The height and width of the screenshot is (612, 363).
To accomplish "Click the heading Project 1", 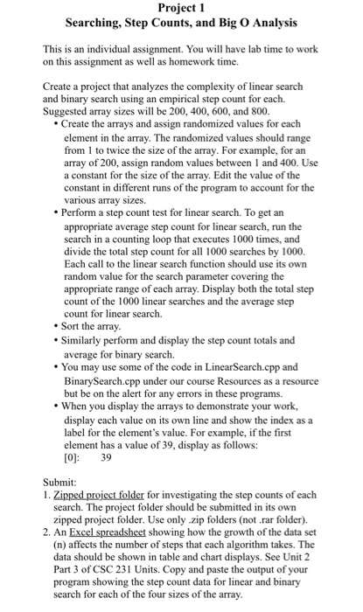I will coord(181,8).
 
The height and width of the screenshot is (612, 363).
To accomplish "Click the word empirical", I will coord(194,101).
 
